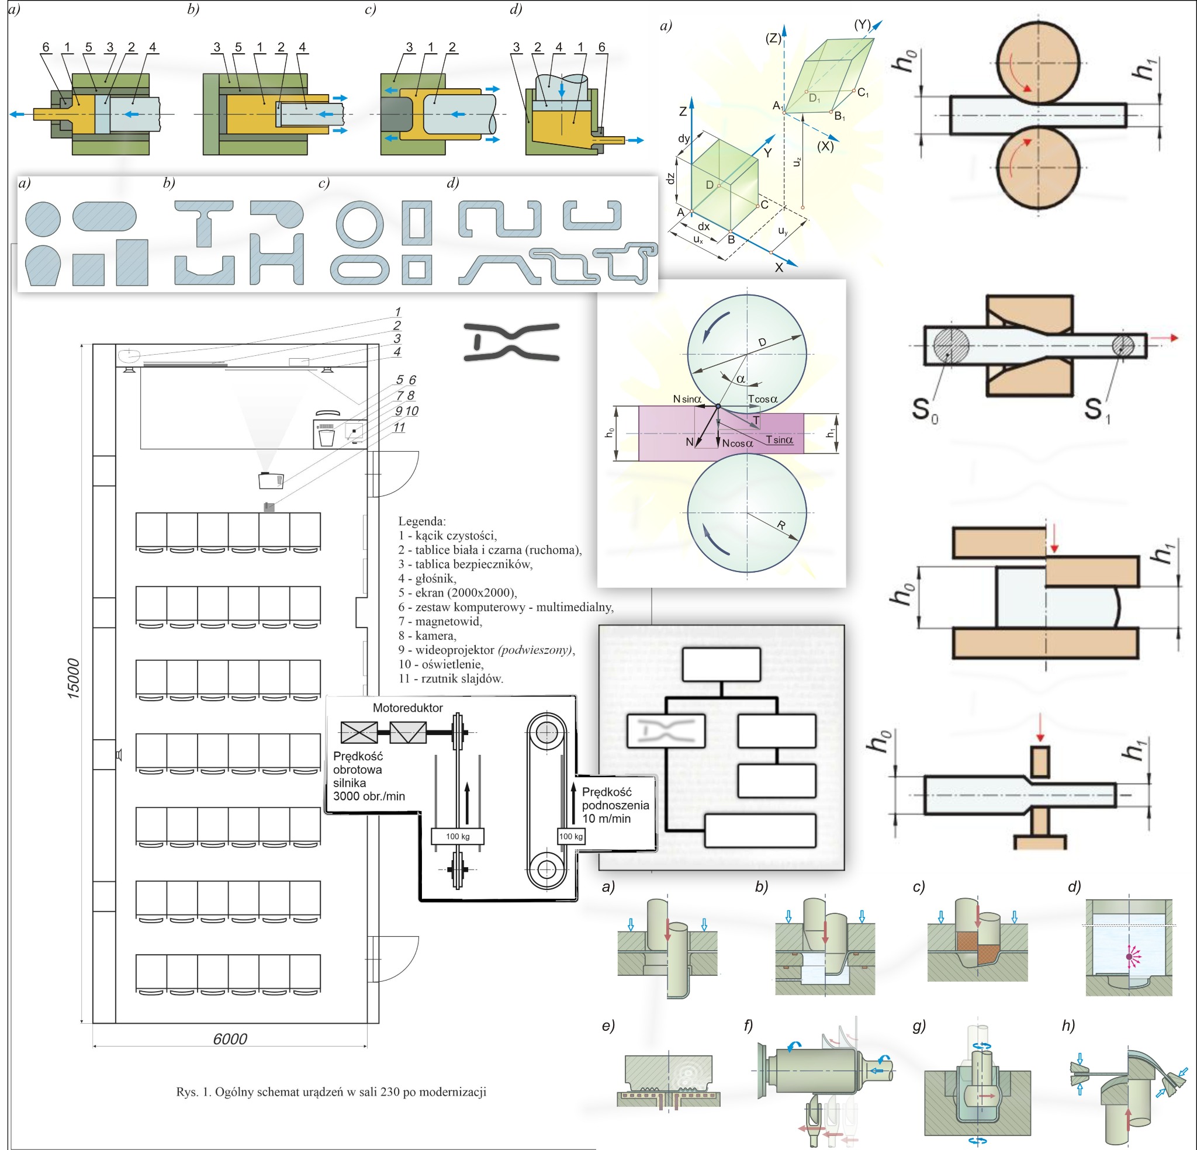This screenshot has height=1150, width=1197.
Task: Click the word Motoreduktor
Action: coord(407,708)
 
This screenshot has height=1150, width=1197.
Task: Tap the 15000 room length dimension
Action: coord(73,678)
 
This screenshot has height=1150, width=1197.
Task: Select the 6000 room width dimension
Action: coord(230,1039)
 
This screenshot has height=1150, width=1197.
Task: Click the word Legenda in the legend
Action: coord(421,521)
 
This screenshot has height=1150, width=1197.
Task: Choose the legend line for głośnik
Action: coord(427,579)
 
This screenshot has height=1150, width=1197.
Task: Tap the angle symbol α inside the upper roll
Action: coord(741,379)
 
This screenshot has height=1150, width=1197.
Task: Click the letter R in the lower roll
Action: coord(781,526)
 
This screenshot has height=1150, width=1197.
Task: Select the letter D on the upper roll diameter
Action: coord(762,342)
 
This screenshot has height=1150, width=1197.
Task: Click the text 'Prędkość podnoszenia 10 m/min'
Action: coord(615,805)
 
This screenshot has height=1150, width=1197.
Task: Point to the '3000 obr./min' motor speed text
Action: coord(369,796)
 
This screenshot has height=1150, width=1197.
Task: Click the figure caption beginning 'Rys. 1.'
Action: coord(331,1092)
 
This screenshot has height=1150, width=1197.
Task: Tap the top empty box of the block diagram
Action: coord(721,664)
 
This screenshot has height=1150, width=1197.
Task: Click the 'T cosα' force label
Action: coord(763,399)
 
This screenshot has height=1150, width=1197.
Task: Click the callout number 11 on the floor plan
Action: coord(399,428)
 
